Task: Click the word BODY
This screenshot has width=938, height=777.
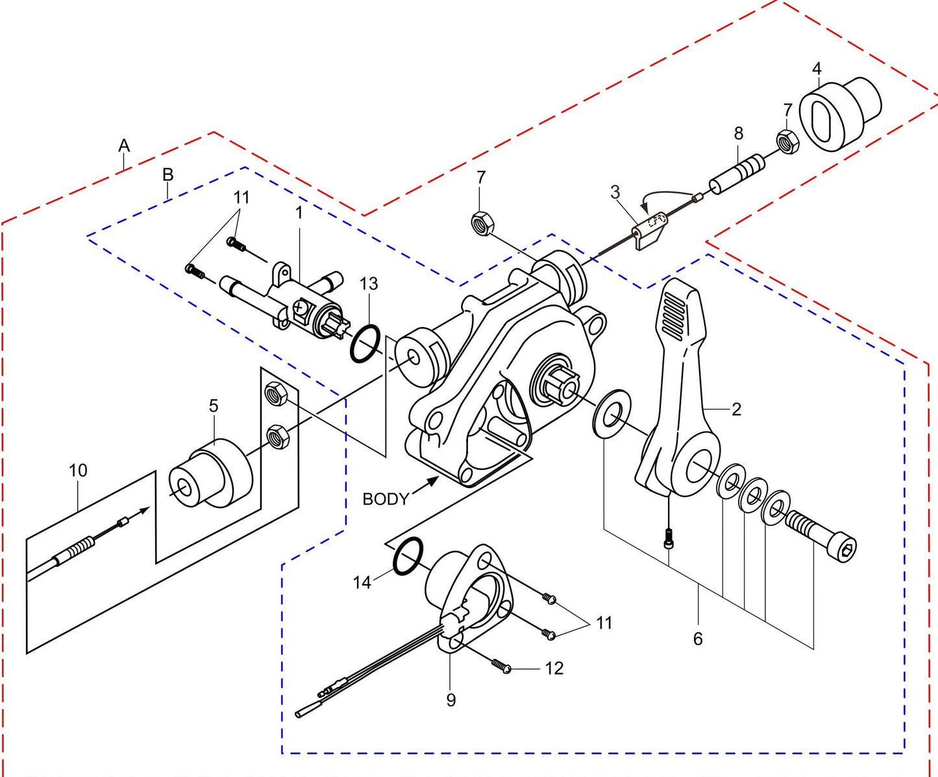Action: point(386,499)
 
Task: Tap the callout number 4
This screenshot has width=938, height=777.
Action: point(817,69)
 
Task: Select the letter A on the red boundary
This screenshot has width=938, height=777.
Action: point(124,145)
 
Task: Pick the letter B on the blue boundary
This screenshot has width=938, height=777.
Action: point(167,175)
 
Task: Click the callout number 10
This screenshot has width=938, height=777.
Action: point(78,471)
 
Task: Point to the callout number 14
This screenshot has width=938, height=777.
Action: point(362,582)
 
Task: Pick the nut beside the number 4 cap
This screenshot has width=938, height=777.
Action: point(787,141)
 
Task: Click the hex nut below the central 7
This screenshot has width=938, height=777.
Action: point(482,223)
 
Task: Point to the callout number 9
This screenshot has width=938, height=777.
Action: point(450,700)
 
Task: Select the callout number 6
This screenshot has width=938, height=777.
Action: point(698,639)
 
